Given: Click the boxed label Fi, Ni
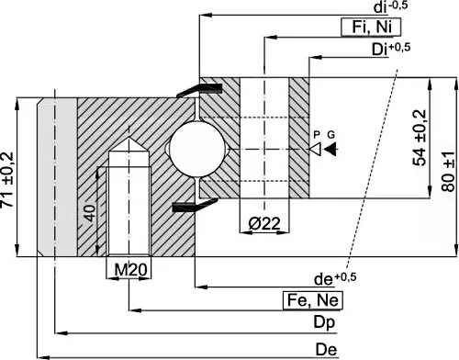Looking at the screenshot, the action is click(x=371, y=27).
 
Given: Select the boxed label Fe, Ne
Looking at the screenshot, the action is click(x=313, y=300).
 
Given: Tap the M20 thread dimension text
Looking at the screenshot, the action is click(x=130, y=270).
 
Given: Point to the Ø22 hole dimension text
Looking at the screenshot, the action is click(x=264, y=223).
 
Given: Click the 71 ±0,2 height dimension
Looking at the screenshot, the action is click(x=7, y=180).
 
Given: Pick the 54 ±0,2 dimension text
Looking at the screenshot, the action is click(x=420, y=138).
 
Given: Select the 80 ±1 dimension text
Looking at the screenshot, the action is click(x=448, y=172).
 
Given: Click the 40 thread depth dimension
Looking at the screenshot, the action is click(x=90, y=213).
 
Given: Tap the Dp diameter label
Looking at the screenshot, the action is click(x=324, y=322).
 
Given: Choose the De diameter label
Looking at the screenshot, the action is click(x=326, y=350).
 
